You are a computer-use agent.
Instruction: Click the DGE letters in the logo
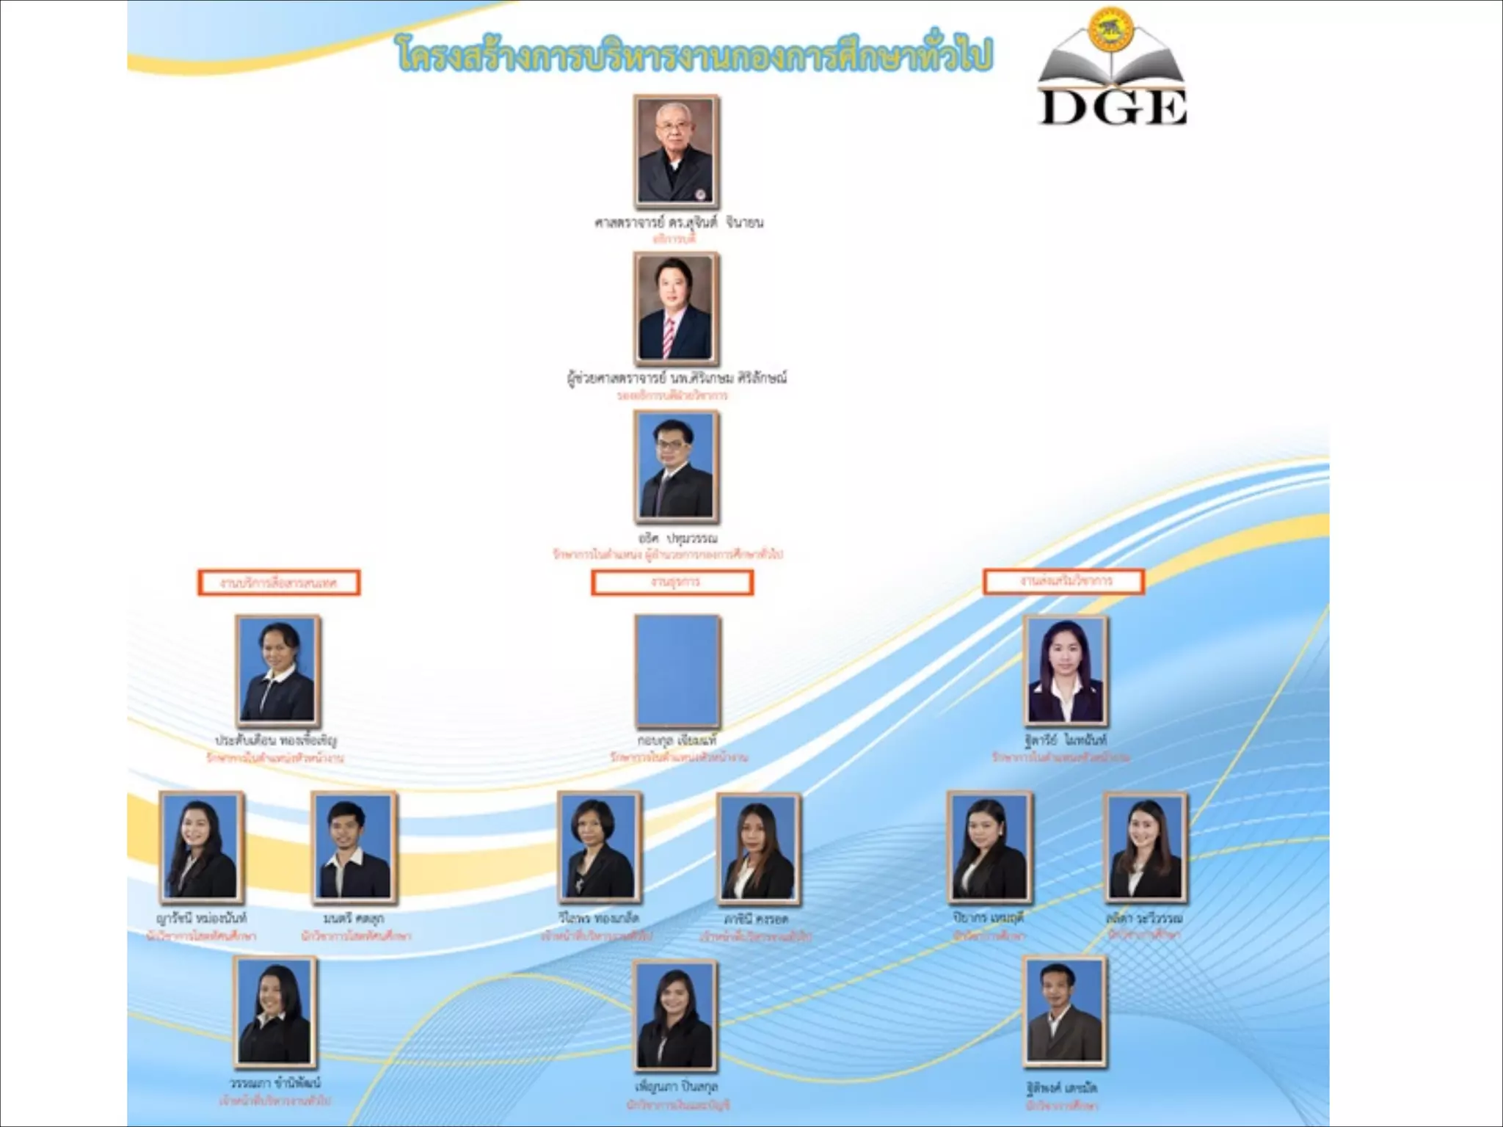[x=1113, y=108]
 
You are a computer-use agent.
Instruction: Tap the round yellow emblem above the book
[x=1112, y=29]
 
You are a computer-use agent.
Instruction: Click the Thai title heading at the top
[x=694, y=54]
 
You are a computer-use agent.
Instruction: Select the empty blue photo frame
[x=677, y=671]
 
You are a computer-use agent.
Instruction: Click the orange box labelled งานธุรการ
[x=672, y=583]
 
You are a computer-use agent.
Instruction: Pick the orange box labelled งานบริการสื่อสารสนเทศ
[x=279, y=583]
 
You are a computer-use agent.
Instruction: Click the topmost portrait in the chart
[x=676, y=152]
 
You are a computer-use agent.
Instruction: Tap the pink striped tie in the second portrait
[x=669, y=338]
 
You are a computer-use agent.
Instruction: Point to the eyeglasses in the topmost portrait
[x=673, y=127]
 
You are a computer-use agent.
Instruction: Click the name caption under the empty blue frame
[x=677, y=740]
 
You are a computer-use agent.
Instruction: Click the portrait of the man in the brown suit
[x=1065, y=1013]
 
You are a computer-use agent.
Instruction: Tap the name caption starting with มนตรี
[x=353, y=919]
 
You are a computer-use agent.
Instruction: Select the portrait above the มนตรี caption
[x=354, y=847]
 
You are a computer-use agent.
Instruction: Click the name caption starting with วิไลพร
[x=598, y=919]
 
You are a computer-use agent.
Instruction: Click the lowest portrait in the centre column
[x=675, y=1016]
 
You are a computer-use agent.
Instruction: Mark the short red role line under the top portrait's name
[x=674, y=239]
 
